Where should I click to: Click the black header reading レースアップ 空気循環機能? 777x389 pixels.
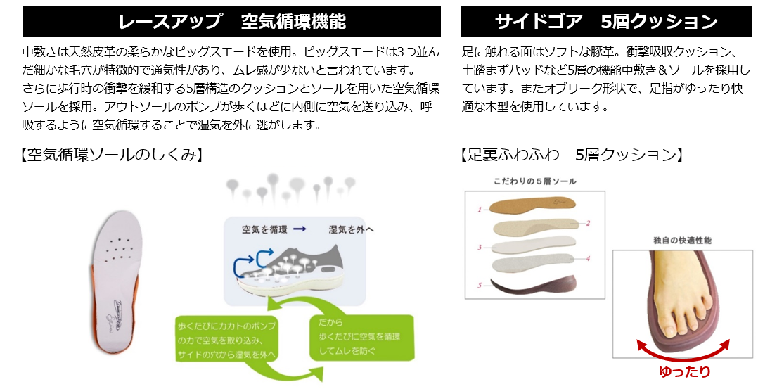[x=232, y=21]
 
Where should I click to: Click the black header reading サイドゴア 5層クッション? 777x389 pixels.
[x=606, y=21]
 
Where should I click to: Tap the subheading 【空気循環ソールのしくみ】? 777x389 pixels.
[x=112, y=155]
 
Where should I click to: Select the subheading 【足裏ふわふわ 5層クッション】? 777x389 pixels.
[x=572, y=155]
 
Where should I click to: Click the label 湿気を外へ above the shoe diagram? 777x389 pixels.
[x=351, y=229]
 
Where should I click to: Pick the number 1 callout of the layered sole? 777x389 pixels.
[x=479, y=210]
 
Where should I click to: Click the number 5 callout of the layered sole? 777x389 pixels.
[x=479, y=286]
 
